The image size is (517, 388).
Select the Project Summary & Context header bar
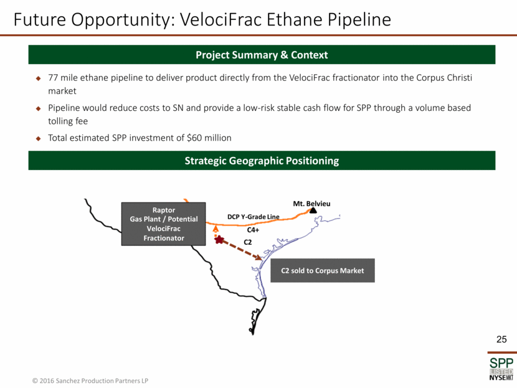262,55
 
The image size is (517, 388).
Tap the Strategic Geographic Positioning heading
262,161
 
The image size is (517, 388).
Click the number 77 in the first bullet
53,78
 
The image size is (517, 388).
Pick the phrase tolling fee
68,121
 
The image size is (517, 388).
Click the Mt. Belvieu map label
311,204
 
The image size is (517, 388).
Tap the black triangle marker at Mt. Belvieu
313,211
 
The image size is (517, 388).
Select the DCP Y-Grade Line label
254,217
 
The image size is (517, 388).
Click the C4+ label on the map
253,230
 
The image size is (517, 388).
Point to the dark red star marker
219,240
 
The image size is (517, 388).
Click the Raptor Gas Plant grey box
164,224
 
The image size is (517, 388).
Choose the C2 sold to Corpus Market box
323,271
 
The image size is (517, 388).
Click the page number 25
501,339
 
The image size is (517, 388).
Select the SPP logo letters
501,363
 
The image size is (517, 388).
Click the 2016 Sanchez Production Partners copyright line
90,381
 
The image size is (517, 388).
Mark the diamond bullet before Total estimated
38,138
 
